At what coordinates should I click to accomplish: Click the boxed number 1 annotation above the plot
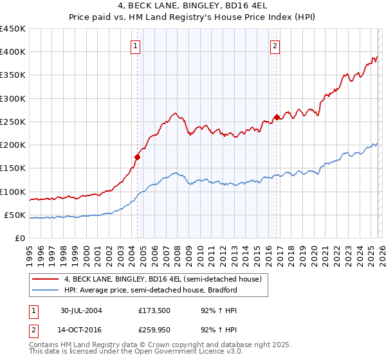pos(136,46)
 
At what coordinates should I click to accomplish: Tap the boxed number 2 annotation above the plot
pos(275,46)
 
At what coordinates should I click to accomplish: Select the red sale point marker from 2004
pos(137,156)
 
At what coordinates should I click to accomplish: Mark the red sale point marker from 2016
pos(277,117)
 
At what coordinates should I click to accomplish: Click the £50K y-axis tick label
pos(15,215)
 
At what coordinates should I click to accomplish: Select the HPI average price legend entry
pos(151,290)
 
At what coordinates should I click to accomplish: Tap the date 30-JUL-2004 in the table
pos(81,310)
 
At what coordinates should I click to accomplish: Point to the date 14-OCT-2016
pos(81,330)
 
